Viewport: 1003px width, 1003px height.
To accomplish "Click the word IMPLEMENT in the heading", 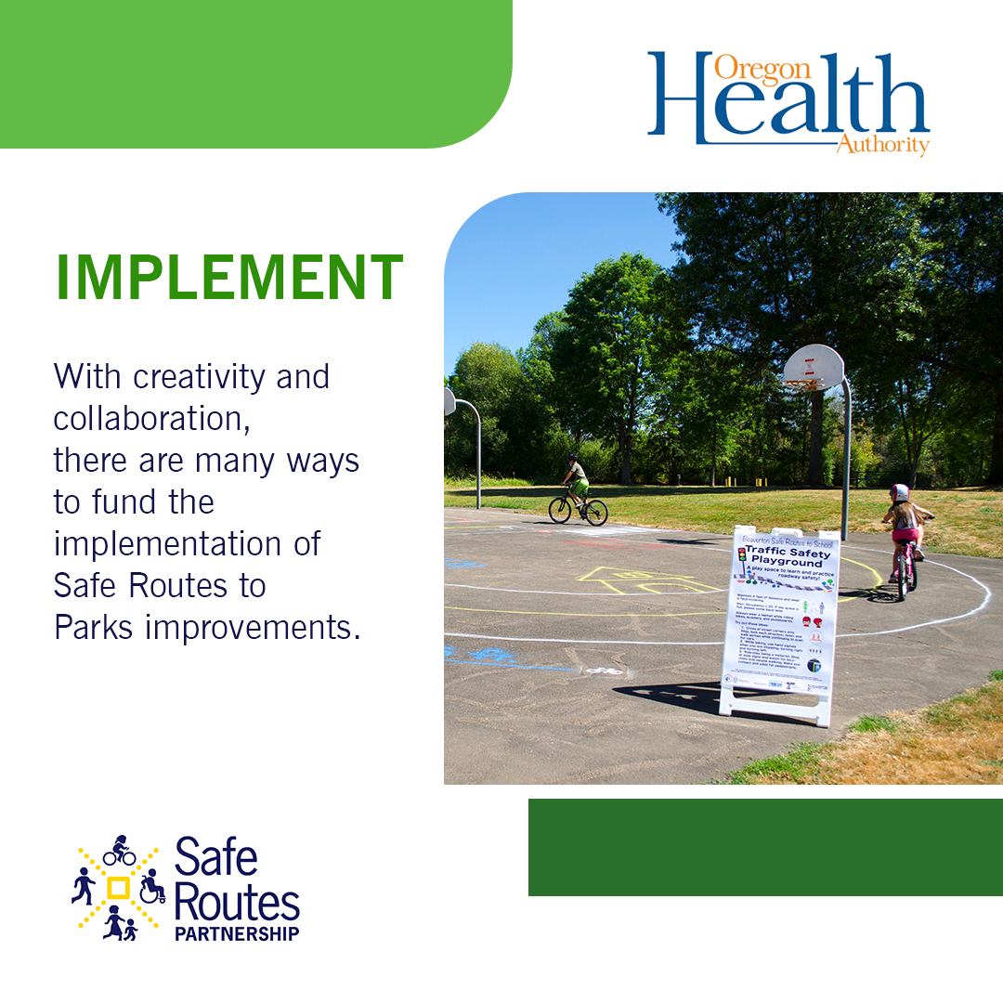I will click(x=230, y=277).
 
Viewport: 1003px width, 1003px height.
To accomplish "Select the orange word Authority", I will click(x=882, y=145).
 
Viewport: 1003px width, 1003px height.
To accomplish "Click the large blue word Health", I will click(x=789, y=102).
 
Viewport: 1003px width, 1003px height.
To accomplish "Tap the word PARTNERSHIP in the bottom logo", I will click(x=237, y=933).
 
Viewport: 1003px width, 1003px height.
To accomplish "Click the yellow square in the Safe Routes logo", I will click(x=118, y=887).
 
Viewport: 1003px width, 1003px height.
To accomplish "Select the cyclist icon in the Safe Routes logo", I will click(x=119, y=852).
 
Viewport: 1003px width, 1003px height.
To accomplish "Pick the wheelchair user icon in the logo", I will click(x=152, y=887).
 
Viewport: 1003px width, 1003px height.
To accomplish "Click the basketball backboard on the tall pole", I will click(x=814, y=367).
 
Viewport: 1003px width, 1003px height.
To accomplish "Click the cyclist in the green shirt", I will click(x=576, y=483).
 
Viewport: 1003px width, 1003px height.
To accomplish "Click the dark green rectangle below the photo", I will click(x=765, y=847).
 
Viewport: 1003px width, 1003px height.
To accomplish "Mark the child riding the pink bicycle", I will click(x=904, y=534).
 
